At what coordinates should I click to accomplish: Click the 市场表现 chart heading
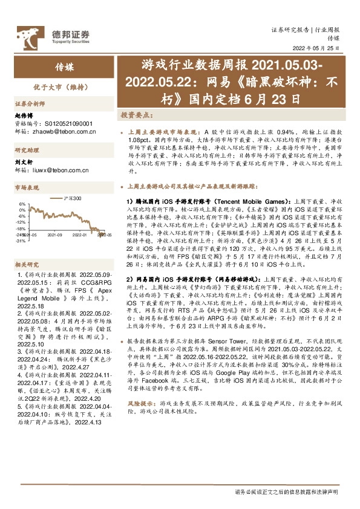pos(27,188)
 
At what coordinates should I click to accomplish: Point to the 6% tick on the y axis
pos(22,204)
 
